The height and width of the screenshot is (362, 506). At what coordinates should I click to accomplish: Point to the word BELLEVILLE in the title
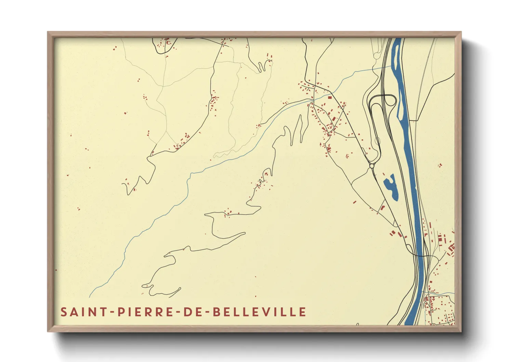click(259, 312)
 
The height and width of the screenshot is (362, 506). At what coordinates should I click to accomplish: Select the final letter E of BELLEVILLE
click(302, 312)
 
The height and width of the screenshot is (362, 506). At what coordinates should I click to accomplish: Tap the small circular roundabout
click(372, 166)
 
